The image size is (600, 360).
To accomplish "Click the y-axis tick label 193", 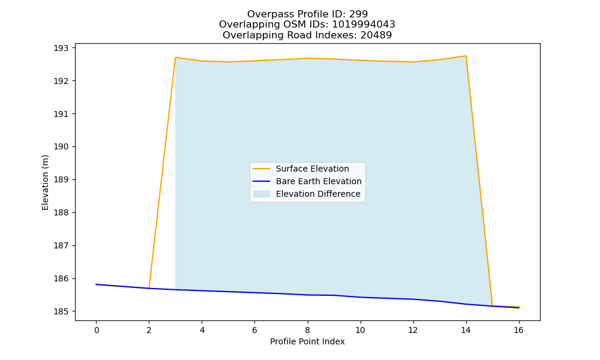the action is pos(61,48).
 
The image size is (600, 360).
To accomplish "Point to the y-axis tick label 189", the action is pos(61,180).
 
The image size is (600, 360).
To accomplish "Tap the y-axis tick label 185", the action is pos(61,311).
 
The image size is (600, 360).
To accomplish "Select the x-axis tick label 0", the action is pos(97,330).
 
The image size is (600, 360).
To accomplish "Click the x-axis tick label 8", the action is pos(307,330).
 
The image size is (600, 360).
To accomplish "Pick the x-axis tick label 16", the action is pos(518,330).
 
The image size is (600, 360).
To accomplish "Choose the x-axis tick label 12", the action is pos(413,330).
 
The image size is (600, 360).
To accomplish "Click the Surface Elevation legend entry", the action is pos(301,169).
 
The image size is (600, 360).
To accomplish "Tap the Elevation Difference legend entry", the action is pos(307,194).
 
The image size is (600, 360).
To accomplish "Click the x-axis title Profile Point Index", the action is pos(307,341).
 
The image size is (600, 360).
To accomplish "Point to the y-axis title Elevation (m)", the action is pos(46,182).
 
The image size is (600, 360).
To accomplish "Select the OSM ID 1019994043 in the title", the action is pos(364,25).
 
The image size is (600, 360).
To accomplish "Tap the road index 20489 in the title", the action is pos(376,35).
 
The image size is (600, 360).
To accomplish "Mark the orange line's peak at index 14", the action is pos(466,56).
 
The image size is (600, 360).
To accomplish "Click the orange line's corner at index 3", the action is pos(175,58).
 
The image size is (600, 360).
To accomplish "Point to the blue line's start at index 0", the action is pos(96,284).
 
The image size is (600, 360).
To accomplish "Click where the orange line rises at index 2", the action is pos(149,288).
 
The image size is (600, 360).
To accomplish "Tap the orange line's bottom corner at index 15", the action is pos(492,305).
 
